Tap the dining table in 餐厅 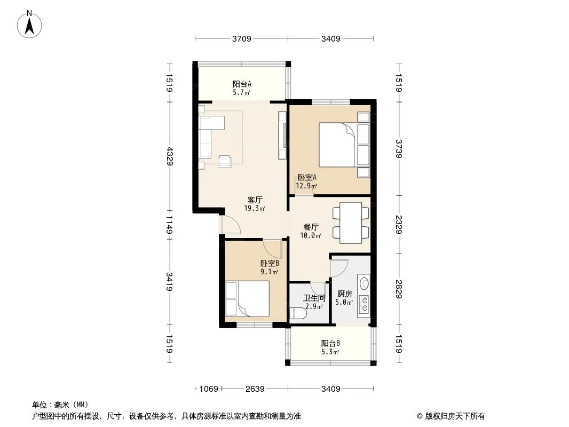pyautogui.click(x=351, y=223)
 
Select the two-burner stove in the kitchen pyautogui.click(x=365, y=304)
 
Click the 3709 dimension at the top pyautogui.click(x=242, y=38)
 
